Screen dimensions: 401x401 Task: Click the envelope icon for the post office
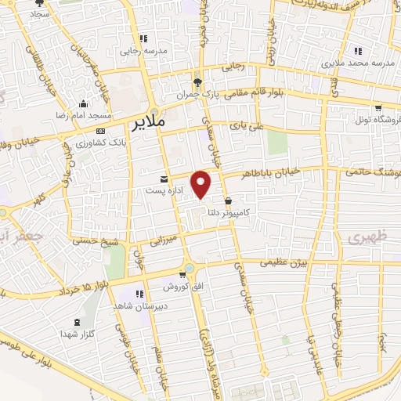point(163,179)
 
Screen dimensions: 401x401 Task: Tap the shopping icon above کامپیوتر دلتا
point(227,200)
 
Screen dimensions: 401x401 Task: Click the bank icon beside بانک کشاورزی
point(100,131)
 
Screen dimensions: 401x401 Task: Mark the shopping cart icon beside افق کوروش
point(183,275)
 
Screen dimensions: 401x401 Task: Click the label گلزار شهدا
point(77,334)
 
